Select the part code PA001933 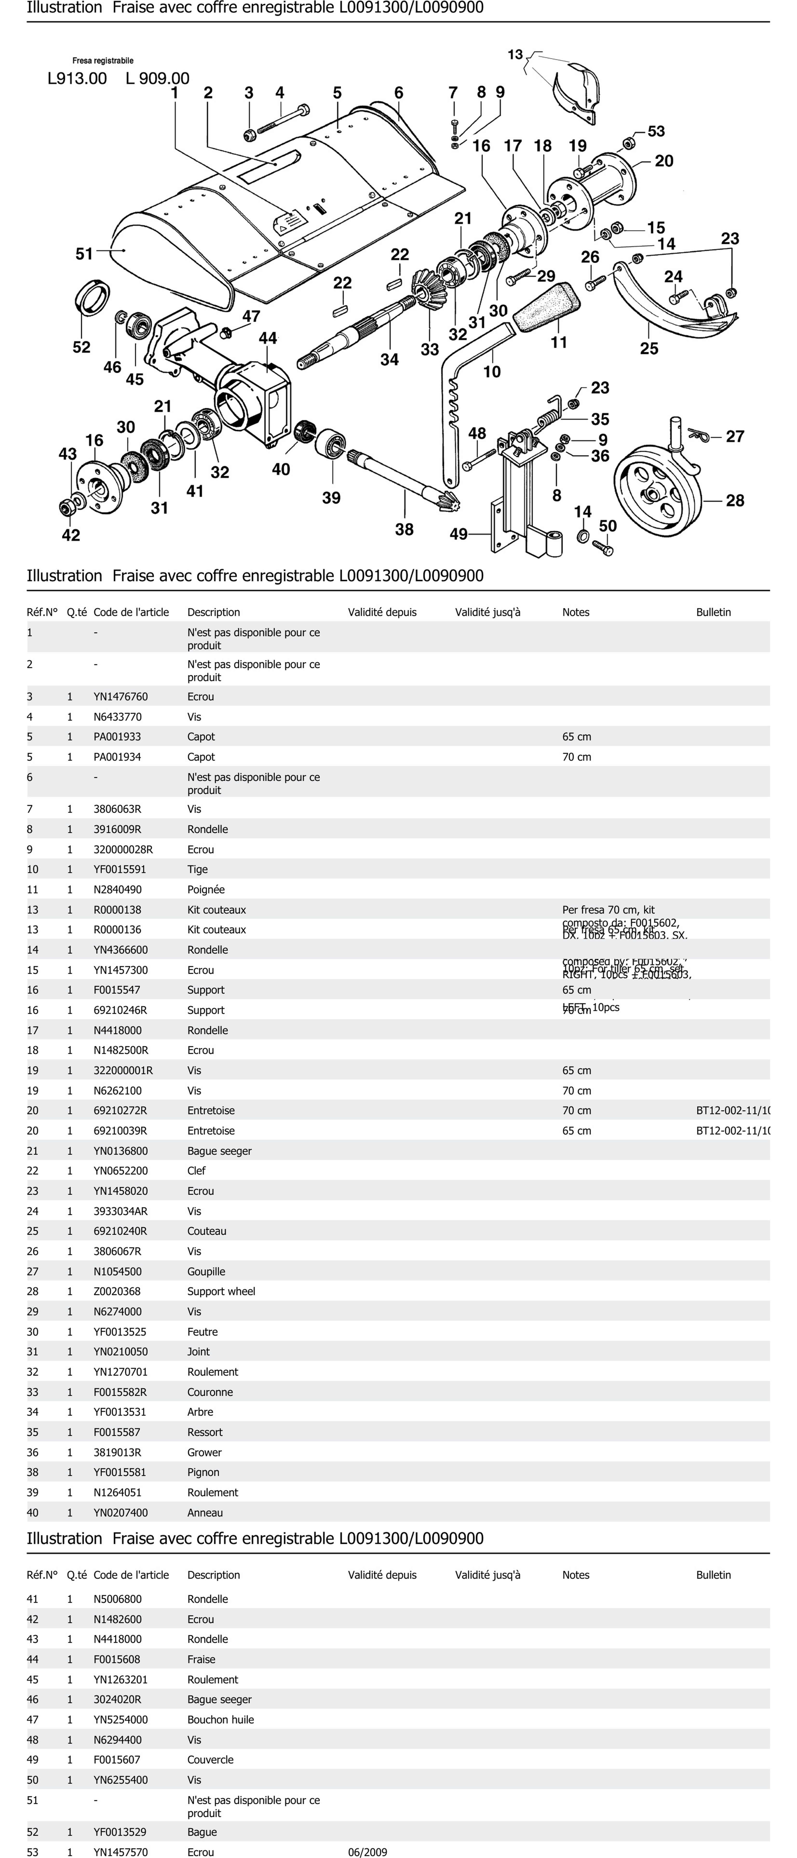(117, 736)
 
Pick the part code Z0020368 (117, 1291)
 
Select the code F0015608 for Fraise (117, 1659)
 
